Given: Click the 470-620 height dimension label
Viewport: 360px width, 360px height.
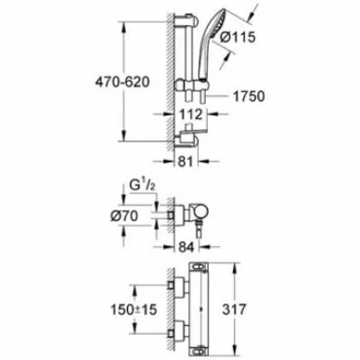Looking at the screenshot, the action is pos(122,82).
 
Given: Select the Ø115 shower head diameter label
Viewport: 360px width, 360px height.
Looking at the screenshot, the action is pos(238,37).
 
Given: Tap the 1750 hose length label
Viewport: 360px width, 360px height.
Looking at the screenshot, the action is pos(249,96).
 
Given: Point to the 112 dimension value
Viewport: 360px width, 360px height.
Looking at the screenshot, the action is pos(191,115).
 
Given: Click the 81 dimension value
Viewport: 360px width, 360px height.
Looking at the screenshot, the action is pos(186,161).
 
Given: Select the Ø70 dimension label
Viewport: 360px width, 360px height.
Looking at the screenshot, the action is pos(124,215).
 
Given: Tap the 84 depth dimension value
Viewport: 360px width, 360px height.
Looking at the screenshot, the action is pos(186,247).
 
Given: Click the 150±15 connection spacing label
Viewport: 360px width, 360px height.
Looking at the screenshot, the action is pos(135,309).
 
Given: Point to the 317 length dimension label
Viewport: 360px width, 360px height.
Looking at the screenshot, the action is pos(234,309).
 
